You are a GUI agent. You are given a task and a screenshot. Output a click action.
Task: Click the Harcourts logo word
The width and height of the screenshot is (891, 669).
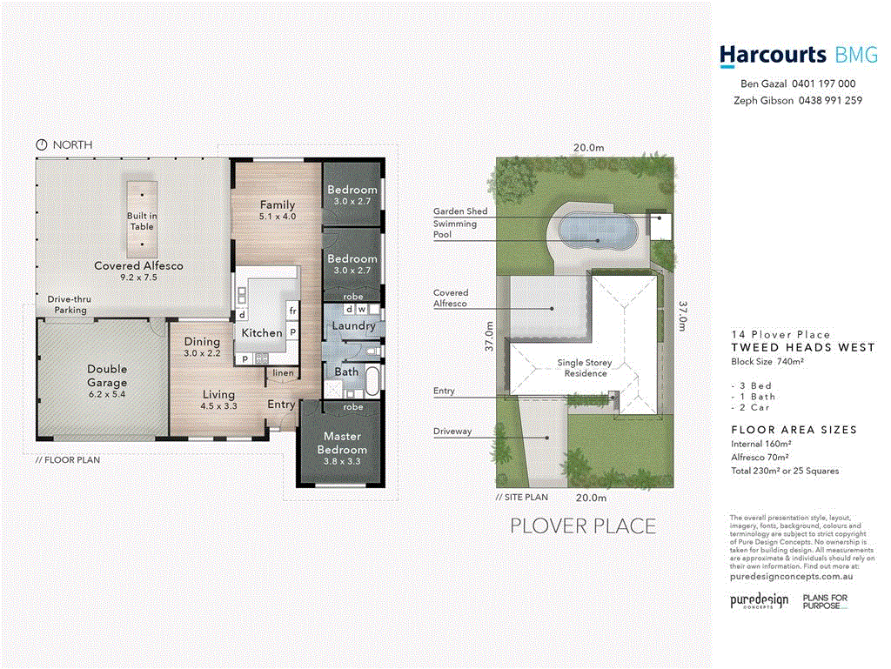pos(772,56)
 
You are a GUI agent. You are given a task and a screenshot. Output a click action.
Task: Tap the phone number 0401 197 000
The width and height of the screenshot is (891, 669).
pos(823,84)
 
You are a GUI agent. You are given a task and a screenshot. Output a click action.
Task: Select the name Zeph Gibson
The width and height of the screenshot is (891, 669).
pos(762,100)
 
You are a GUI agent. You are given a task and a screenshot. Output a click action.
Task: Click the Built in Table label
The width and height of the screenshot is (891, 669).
pos(141,221)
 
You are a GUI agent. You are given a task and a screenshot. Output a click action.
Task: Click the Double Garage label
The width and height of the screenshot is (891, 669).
pos(107,376)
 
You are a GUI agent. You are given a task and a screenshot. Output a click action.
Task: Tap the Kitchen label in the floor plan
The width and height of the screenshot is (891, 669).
pos(261,332)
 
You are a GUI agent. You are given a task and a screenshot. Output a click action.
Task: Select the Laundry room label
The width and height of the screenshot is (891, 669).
pos(353,326)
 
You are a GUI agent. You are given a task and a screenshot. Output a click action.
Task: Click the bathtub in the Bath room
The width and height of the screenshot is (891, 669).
pos(372,381)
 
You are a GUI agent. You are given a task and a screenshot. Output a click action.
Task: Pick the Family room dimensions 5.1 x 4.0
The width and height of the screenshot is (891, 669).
pos(278,216)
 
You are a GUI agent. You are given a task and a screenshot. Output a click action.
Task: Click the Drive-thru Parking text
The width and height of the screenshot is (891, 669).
pos(70,304)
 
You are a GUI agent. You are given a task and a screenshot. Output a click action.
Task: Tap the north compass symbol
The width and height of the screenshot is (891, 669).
pos(40,144)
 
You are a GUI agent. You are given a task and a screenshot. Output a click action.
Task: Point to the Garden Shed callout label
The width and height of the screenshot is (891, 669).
pos(460,211)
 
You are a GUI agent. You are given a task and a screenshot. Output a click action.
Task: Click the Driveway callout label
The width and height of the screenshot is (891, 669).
pos(452,432)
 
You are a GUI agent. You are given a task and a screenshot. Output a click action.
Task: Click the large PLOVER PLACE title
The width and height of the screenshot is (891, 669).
pos(582,526)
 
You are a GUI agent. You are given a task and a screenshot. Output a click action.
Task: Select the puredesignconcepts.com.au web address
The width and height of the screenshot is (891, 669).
pos(790,576)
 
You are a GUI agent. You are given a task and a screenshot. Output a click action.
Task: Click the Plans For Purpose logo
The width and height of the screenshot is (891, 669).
pos(824,602)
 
